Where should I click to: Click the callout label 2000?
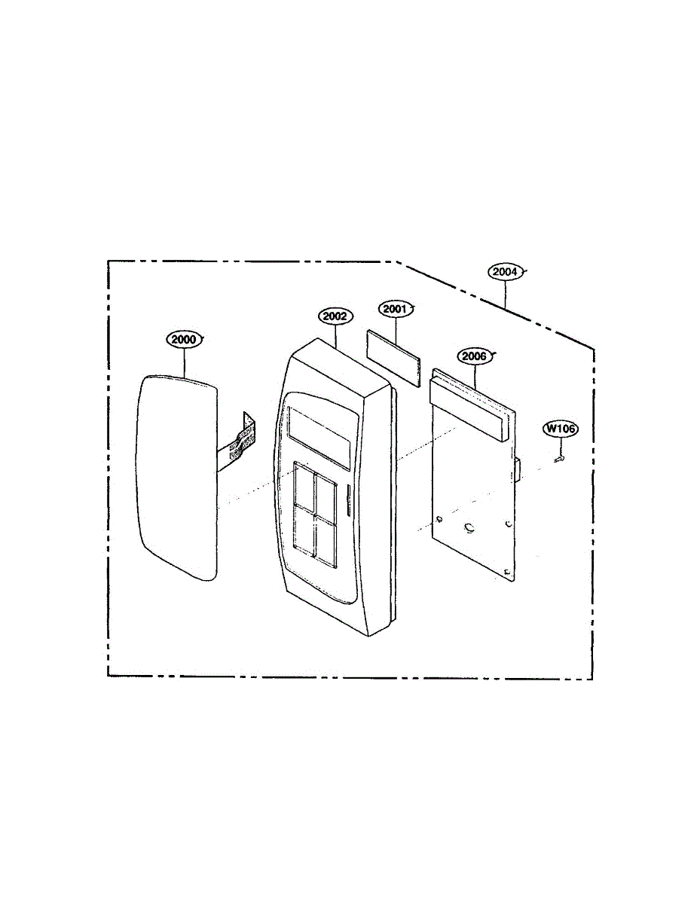[x=182, y=340]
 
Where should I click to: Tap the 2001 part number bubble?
[x=393, y=309]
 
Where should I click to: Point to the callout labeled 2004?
[x=505, y=272]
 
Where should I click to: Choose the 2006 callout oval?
[x=475, y=356]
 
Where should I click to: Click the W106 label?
[x=561, y=429]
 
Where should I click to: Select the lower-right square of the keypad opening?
[x=326, y=539]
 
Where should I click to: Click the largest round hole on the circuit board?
[x=469, y=529]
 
